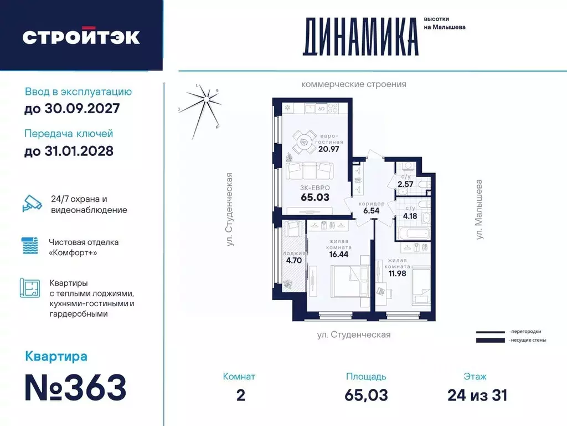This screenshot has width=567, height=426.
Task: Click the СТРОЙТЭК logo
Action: (81, 37)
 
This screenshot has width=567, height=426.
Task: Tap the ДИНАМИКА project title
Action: (360, 37)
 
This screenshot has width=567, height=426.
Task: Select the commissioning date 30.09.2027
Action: (72, 109)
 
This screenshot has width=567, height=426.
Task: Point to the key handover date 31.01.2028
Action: (69, 150)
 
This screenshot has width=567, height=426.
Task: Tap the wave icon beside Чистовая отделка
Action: (31, 246)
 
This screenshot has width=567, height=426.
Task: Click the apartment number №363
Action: (76, 387)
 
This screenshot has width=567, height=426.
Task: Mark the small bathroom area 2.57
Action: (405, 184)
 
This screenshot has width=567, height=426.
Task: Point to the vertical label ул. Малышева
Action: (480, 209)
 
